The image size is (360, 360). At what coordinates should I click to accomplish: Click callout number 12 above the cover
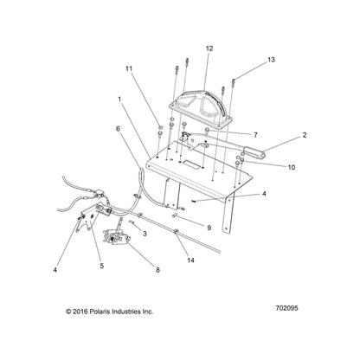click(209, 48)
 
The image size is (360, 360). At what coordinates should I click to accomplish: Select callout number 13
click(271, 60)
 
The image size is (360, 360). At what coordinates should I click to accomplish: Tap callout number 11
click(129, 68)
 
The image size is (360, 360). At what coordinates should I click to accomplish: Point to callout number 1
click(119, 99)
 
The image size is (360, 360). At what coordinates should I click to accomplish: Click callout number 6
click(118, 129)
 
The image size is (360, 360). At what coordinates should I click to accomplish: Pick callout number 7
click(255, 135)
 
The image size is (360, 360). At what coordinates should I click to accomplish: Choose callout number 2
click(305, 135)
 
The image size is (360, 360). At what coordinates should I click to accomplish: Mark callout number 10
click(292, 167)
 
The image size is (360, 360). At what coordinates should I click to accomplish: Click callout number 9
click(209, 228)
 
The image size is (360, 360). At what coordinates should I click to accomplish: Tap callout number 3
click(145, 234)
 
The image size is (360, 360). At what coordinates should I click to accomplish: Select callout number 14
click(190, 260)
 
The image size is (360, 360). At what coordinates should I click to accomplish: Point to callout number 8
click(157, 270)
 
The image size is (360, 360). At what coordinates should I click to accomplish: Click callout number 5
click(102, 266)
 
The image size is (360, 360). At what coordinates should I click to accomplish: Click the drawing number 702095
click(286, 308)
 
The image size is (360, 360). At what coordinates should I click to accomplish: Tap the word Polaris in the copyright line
click(100, 312)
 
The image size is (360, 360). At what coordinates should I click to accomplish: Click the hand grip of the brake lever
click(254, 152)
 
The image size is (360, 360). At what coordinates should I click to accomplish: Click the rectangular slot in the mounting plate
click(191, 164)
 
